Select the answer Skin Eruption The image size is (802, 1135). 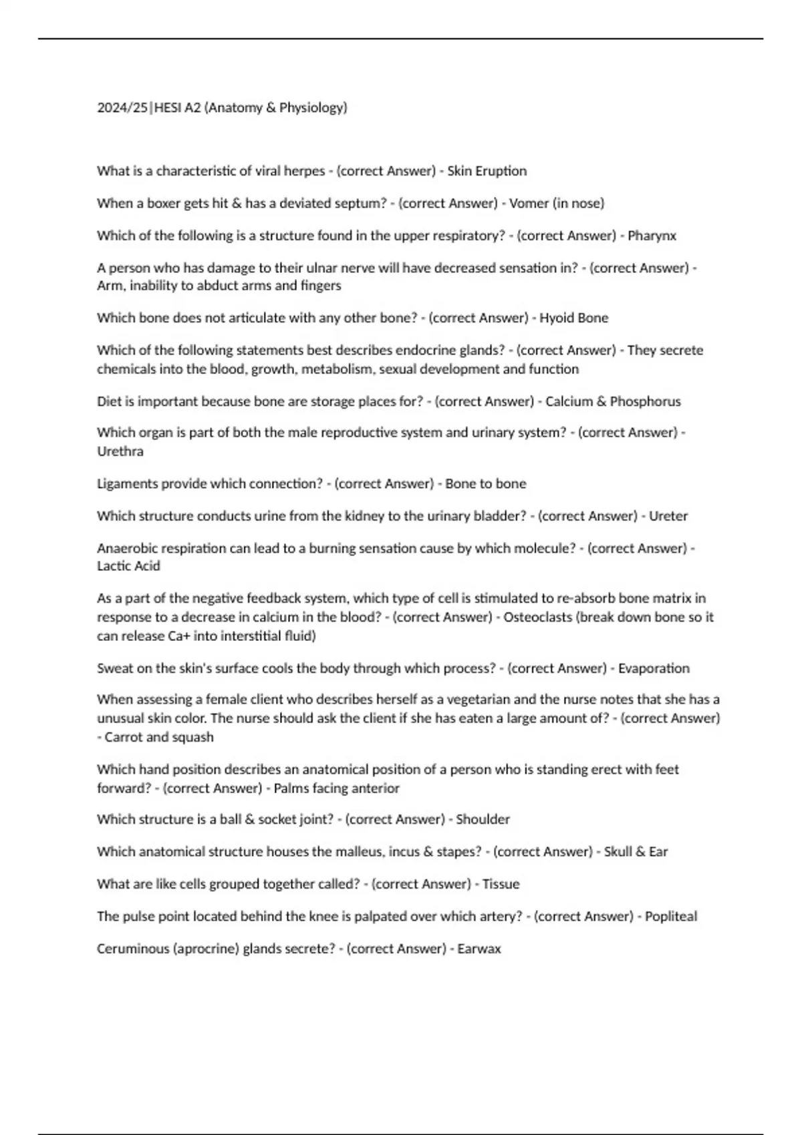coord(487,171)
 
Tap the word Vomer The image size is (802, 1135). coord(529,203)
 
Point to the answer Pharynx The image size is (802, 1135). coord(652,236)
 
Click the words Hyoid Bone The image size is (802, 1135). coord(573,318)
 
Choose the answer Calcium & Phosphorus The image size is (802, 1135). coord(613,401)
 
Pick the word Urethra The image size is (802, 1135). coord(120,451)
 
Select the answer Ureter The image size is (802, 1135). coord(668,516)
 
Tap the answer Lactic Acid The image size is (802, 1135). coord(128,566)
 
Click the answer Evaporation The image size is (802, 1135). coord(654,668)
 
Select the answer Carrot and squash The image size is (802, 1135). coord(159,737)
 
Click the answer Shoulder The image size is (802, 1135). coord(483,819)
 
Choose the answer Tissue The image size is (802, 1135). coord(501,884)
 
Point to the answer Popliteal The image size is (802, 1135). coord(671,917)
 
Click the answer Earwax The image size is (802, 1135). coord(479,949)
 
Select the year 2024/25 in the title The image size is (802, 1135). coord(123,107)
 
